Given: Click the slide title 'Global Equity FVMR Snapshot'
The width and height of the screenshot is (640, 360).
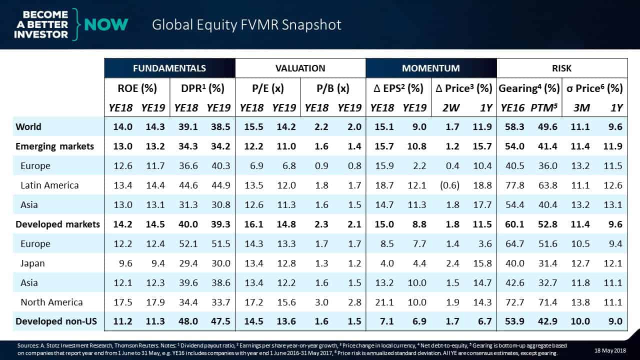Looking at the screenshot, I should (247, 24).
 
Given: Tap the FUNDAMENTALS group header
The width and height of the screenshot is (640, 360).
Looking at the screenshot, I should (169, 68).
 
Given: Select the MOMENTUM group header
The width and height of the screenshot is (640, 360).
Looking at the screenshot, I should (431, 68).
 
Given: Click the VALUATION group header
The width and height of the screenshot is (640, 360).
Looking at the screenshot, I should (300, 68).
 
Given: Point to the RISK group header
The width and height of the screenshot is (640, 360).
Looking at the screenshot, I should (562, 68).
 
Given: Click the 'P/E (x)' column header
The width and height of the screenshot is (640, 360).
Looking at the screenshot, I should (267, 88).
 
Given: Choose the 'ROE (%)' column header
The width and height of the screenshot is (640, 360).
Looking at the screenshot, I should (136, 88).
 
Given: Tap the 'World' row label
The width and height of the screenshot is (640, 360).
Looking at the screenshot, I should (28, 127).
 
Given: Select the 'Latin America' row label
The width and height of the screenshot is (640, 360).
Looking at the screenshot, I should (49, 185).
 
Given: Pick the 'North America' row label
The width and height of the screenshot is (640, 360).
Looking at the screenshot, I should (51, 302).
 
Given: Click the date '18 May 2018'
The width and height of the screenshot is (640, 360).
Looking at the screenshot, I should (610, 348).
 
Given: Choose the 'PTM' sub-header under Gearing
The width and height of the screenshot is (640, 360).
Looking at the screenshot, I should (546, 107).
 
